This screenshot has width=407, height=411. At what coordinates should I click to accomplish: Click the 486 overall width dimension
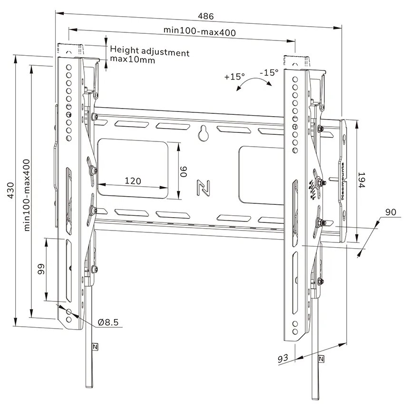[x=206, y=16]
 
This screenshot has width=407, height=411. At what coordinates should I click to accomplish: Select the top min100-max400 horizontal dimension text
[x=200, y=30]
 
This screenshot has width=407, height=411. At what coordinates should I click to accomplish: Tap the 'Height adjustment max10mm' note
[x=149, y=56]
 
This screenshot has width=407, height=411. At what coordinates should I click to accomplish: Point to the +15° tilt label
[x=234, y=76]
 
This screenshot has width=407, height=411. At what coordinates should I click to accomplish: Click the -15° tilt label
[x=269, y=73]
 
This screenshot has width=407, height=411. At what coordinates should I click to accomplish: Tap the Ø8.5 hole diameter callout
[x=108, y=322]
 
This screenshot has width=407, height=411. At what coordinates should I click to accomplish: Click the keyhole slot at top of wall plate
[x=203, y=133]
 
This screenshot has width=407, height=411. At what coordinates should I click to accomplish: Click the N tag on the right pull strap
[x=322, y=359]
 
